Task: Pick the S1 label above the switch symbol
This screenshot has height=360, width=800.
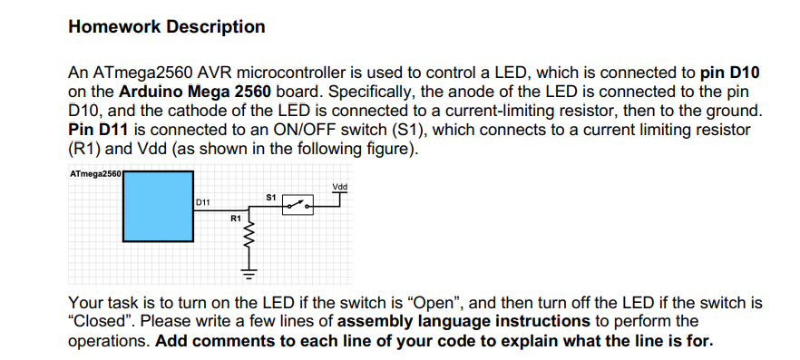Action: (271, 196)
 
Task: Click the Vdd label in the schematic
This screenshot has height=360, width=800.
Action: (340, 188)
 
